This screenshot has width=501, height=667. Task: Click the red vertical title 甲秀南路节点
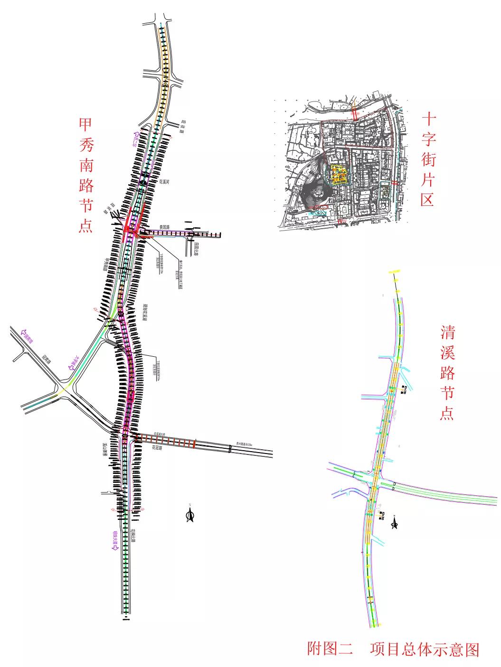coord(86,175)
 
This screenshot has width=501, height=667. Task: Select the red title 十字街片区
coord(428,159)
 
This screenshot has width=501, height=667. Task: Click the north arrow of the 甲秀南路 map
coord(190,515)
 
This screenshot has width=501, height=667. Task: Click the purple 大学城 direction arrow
coord(73,363)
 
